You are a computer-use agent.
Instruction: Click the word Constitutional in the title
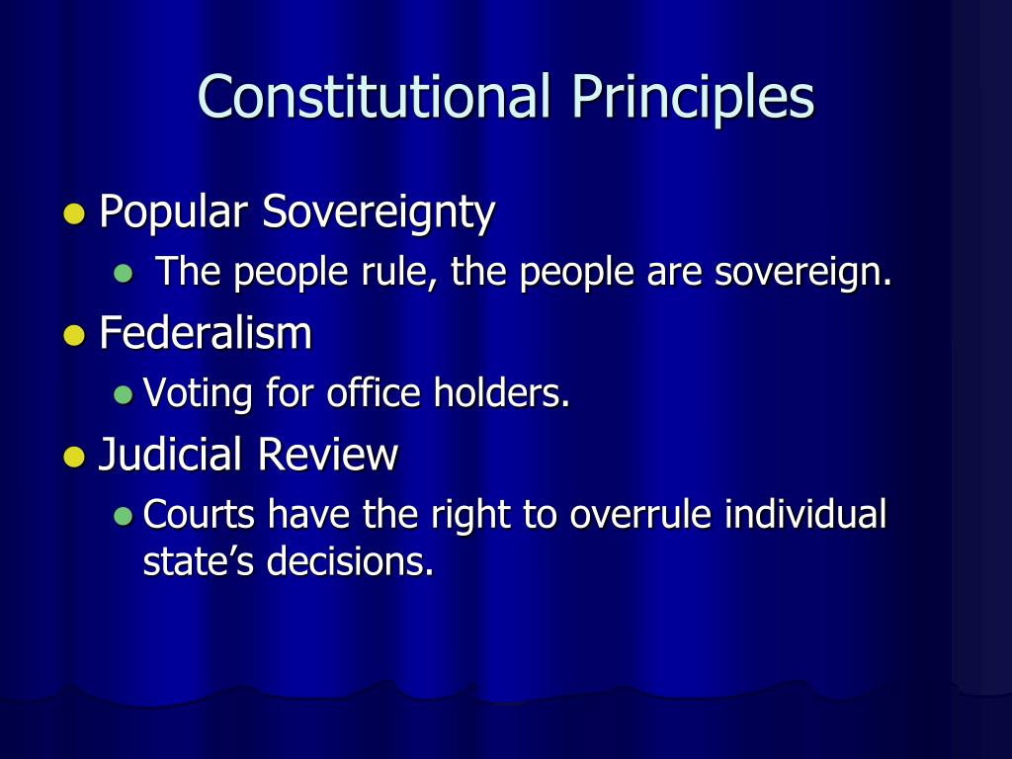(373, 97)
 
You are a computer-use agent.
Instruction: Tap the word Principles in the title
(692, 97)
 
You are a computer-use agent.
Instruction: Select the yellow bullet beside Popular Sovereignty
(72, 214)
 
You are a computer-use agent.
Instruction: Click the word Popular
(175, 212)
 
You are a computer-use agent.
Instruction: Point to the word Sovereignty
(379, 212)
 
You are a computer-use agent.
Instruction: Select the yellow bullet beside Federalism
(72, 336)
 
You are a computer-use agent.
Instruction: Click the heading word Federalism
(206, 334)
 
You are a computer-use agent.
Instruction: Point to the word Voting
(198, 394)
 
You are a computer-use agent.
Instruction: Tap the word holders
(502, 393)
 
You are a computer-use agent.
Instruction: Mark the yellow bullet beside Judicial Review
(72, 458)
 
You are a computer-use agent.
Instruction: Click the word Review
(328, 456)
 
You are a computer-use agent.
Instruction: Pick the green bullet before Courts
(123, 516)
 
